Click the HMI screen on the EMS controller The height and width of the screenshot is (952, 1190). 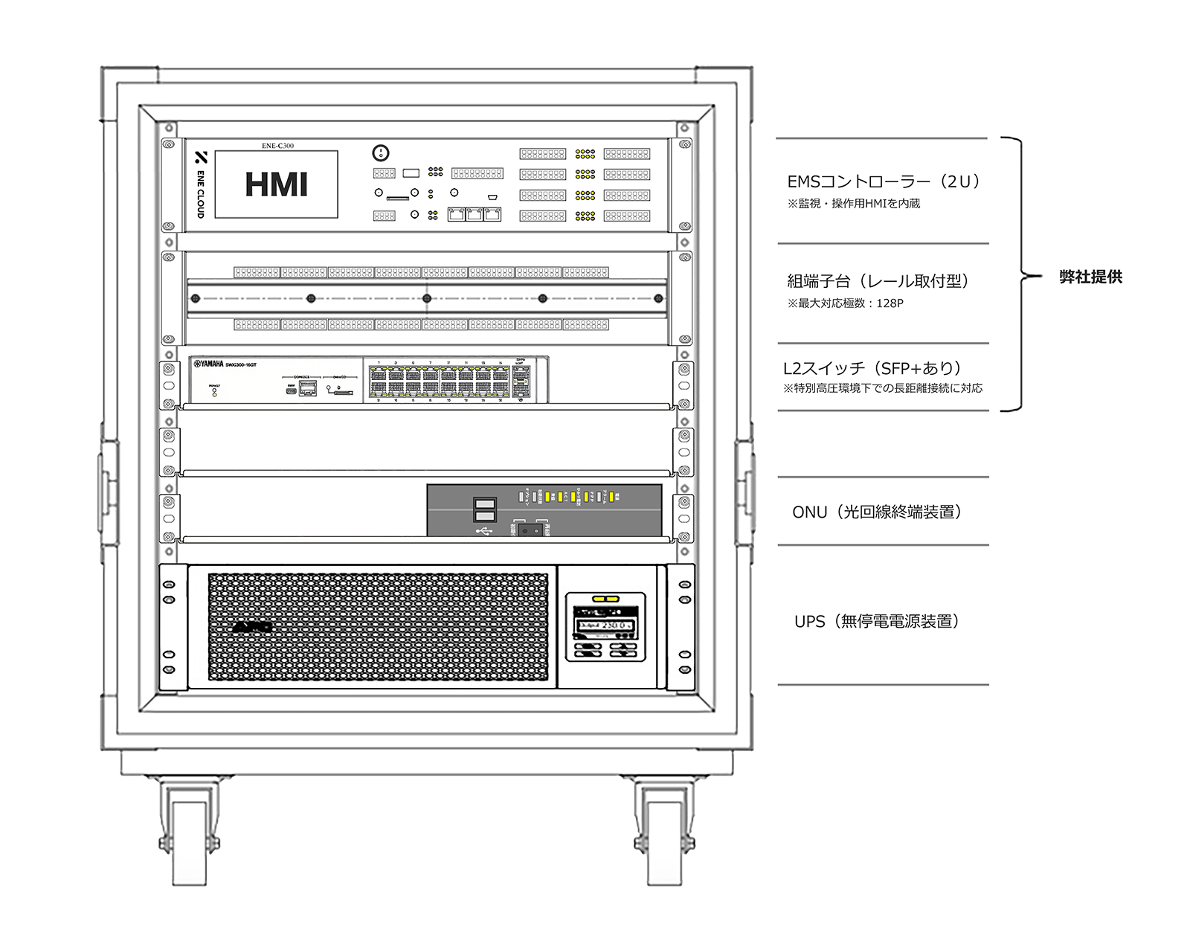coord(276,184)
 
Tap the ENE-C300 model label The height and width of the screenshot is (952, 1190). coord(277,146)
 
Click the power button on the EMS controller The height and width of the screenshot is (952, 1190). coord(380,153)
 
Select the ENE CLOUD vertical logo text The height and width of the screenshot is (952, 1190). coord(200,193)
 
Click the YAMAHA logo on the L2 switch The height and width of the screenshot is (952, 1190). coord(209,364)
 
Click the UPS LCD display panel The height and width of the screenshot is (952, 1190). coord(605,625)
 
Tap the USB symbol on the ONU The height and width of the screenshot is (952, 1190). coord(484,531)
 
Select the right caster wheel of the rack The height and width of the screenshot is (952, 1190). coord(663,840)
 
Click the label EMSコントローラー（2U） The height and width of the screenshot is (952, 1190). coord(883,181)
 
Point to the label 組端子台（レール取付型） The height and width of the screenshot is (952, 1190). coord(878,281)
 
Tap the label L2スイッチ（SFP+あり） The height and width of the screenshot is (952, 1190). coord(872,368)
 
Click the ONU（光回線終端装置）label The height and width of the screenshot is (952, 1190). coord(877,512)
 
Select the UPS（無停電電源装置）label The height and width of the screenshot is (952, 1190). coord(877,621)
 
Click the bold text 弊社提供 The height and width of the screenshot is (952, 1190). coord(1090,277)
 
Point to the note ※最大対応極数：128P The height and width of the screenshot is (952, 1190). coord(845,303)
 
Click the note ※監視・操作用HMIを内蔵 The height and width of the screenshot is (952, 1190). coord(853,204)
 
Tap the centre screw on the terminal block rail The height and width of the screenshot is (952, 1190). coord(427,298)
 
